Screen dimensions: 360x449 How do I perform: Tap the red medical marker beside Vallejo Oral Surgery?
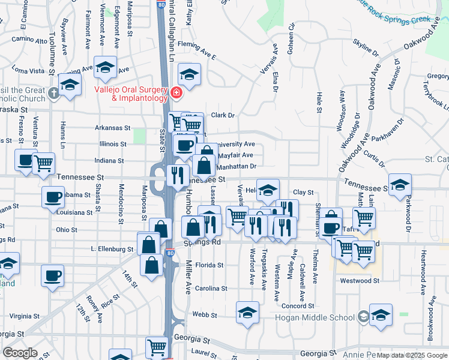(176, 92)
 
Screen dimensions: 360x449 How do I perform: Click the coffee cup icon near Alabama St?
(53, 197)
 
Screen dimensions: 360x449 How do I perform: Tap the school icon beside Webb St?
(247, 313)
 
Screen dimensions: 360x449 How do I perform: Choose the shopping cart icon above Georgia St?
(156, 347)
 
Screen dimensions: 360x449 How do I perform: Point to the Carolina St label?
(212, 288)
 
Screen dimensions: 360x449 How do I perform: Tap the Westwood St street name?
(360, 280)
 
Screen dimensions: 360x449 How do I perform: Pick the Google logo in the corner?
(20, 353)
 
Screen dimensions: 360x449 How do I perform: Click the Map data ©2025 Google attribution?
(412, 355)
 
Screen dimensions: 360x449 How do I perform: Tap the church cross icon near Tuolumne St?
(54, 93)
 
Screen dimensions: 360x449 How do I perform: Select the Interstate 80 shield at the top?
(162, 5)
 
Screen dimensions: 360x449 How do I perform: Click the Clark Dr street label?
(222, 115)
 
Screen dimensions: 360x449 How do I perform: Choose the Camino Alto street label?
(29, 41)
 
